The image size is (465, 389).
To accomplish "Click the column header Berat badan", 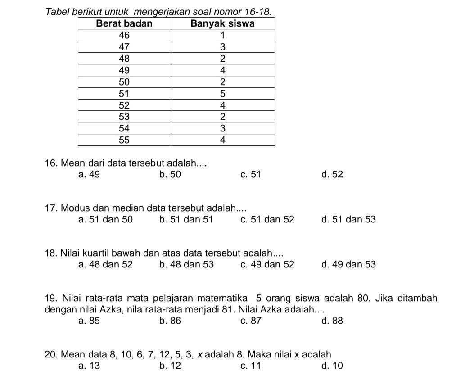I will click(125, 23).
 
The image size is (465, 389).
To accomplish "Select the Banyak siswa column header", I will click(223, 23).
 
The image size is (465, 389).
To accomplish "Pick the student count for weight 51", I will click(223, 94).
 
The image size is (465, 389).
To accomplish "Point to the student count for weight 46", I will click(223, 35).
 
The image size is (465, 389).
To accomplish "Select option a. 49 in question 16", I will click(89, 175).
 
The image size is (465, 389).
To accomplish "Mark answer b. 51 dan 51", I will click(186, 220).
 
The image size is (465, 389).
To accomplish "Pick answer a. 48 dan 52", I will click(105, 265).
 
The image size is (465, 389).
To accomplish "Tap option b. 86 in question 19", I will click(170, 321).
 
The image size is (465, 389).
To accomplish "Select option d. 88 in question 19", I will click(332, 321).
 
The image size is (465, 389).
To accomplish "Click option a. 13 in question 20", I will click(89, 366).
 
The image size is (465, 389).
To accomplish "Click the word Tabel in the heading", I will click(56, 10).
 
